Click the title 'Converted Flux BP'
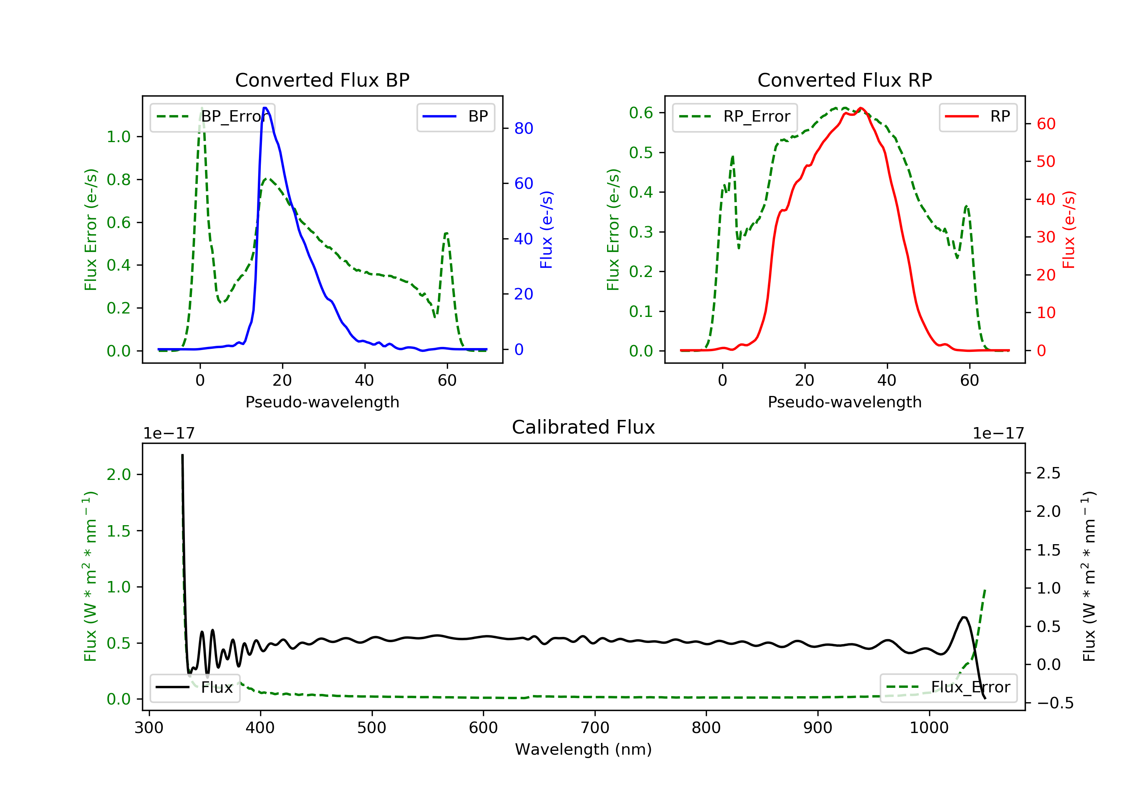click(x=322, y=80)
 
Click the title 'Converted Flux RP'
click(x=844, y=80)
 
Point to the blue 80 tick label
click(x=523, y=128)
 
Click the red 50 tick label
click(x=1046, y=161)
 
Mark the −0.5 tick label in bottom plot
click(x=1055, y=703)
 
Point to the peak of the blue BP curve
click(x=265, y=108)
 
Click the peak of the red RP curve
click(x=861, y=108)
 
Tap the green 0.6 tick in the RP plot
click(x=641, y=113)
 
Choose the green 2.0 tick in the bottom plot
click(x=118, y=474)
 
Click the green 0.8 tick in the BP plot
click(x=118, y=179)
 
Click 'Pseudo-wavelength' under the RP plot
click(x=844, y=402)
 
